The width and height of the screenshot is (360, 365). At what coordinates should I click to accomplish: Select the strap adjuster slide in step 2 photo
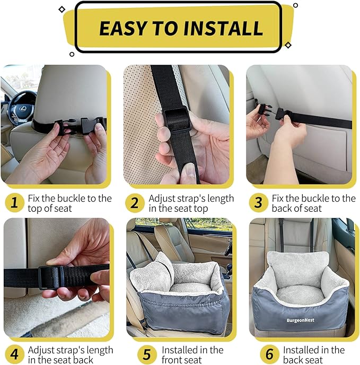click(x=175, y=119)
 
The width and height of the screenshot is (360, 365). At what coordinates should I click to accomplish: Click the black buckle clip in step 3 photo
click(x=265, y=111)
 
